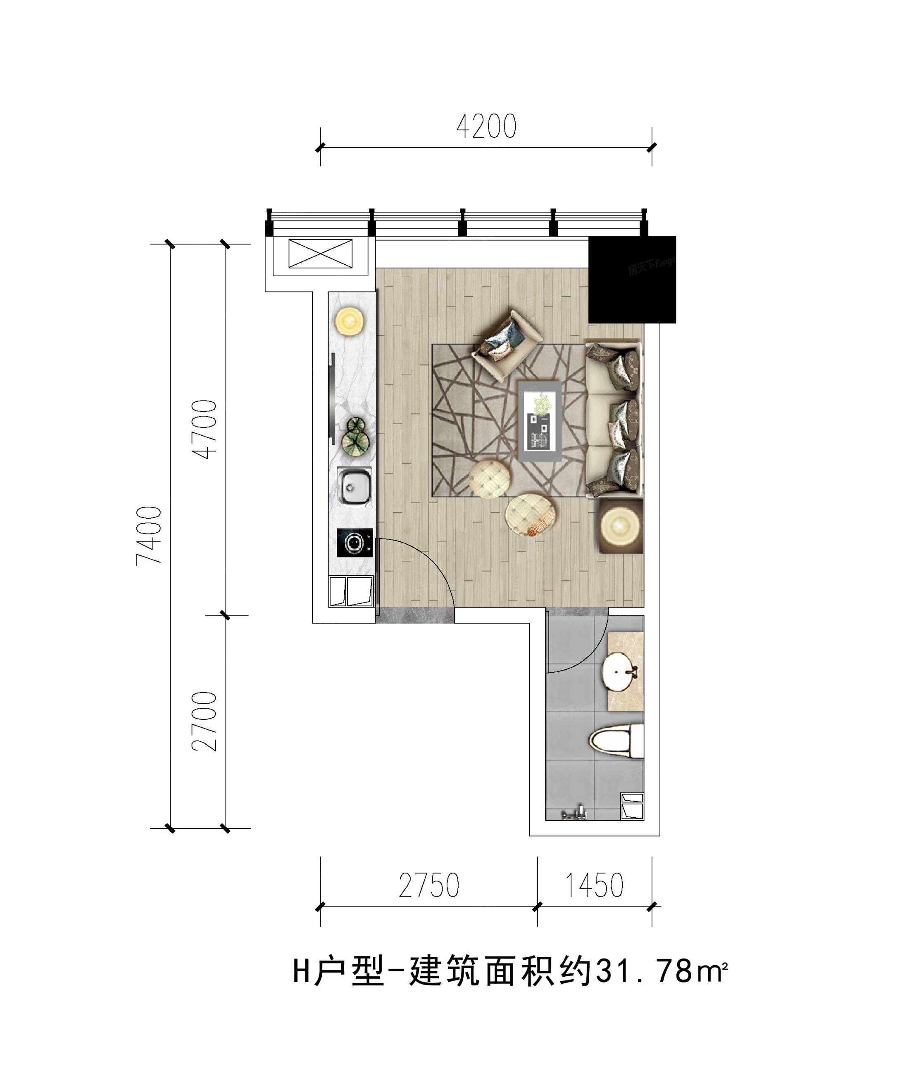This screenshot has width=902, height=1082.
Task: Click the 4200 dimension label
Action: (x=486, y=127)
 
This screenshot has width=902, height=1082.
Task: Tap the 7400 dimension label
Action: (x=149, y=536)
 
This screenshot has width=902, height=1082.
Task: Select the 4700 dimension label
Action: (x=204, y=429)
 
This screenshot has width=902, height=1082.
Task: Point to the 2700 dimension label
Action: (x=204, y=721)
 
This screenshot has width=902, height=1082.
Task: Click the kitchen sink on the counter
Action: (x=354, y=486)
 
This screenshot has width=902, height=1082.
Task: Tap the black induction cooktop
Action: (x=355, y=543)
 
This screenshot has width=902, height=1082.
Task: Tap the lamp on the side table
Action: (x=621, y=526)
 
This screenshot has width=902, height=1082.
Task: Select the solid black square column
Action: (x=632, y=280)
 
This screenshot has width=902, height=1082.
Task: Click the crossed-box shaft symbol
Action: (x=321, y=254)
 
